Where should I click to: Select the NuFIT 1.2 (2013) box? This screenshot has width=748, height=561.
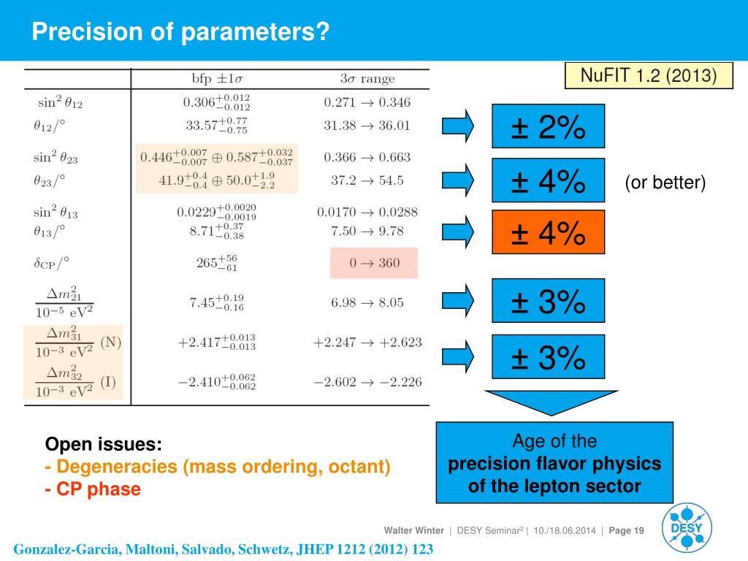(x=649, y=75)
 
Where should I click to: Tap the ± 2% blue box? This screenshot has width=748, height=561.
(x=548, y=127)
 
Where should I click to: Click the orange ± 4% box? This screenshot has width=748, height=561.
(x=548, y=232)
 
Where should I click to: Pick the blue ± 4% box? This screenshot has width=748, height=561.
(x=548, y=180)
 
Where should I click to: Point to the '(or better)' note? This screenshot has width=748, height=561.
(x=665, y=183)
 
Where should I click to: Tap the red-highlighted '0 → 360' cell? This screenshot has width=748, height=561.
(x=373, y=263)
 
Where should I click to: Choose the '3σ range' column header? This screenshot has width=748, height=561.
(x=363, y=79)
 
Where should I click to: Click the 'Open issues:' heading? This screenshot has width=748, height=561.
(x=103, y=444)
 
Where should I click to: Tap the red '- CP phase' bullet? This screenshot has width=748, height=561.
(x=92, y=489)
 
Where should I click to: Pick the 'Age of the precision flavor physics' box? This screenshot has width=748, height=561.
(x=554, y=463)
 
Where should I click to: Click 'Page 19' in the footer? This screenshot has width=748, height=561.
(x=626, y=530)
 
